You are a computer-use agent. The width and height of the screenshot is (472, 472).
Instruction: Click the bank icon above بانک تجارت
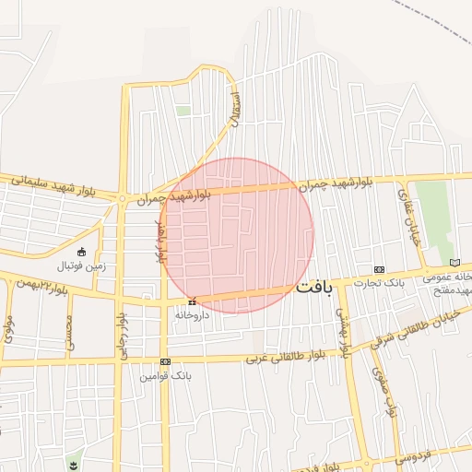378,267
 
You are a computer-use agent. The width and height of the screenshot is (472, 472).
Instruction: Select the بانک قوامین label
164,376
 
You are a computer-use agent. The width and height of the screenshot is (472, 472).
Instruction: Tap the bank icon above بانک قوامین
165,361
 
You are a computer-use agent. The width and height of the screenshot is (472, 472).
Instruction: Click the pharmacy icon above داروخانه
192,301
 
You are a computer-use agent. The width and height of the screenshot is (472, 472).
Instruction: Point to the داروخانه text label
193,314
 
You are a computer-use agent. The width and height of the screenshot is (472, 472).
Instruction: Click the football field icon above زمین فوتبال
81,252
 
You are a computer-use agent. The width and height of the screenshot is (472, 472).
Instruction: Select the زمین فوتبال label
82,265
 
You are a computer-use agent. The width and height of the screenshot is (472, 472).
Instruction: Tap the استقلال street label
233,109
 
